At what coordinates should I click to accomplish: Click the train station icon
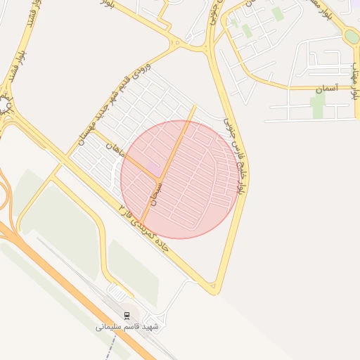(x=127, y=316)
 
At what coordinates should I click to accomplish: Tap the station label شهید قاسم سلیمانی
(x=127, y=327)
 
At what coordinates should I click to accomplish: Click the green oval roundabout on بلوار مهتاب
(x=352, y=36)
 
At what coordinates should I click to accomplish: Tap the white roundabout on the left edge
(x=6, y=106)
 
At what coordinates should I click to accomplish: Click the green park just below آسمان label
(x=318, y=106)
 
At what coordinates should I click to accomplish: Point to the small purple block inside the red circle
(x=153, y=166)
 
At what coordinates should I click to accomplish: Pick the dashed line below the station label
(x=134, y=337)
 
